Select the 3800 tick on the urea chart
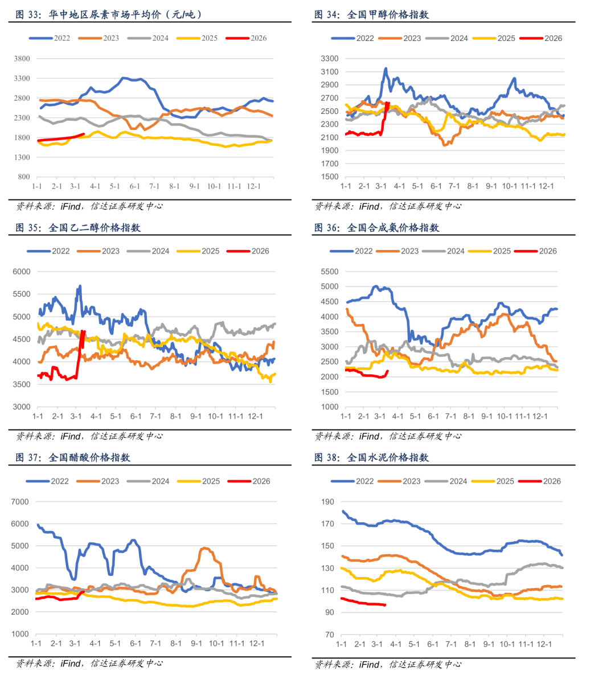click(x=22, y=59)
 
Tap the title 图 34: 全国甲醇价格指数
click(x=371, y=15)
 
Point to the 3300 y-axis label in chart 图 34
click(x=330, y=59)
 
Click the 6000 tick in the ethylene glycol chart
click(x=22, y=272)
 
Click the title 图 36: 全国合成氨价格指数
click(x=376, y=228)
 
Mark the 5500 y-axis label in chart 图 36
click(x=330, y=272)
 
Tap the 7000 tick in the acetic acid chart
click(x=20, y=502)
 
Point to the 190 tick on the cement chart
click(x=327, y=502)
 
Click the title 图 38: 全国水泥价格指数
click(x=371, y=457)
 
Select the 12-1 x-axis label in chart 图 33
click(x=253, y=186)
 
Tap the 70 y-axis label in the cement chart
click(x=330, y=635)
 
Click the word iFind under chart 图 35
click(x=71, y=436)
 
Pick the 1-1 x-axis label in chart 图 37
click(x=36, y=644)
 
